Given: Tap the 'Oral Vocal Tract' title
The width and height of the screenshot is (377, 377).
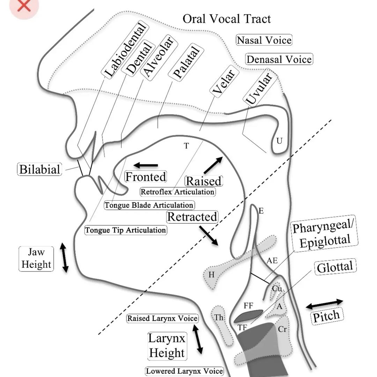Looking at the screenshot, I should pyautogui.click(x=227, y=19).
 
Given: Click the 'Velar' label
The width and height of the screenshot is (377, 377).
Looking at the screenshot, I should pyautogui.click(x=225, y=81).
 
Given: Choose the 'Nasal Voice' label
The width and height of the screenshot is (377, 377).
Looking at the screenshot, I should pyautogui.click(x=264, y=40).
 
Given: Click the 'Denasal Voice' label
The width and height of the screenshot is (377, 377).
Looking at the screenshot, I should pyautogui.click(x=279, y=59).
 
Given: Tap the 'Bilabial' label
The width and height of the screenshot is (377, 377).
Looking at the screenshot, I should pyautogui.click(x=40, y=169).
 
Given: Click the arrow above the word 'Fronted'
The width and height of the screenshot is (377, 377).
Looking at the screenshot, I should pyautogui.click(x=146, y=165).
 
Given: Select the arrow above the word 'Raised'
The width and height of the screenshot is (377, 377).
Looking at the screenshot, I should pyautogui.click(x=213, y=165).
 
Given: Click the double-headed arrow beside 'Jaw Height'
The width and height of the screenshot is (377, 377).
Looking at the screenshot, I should pyautogui.click(x=64, y=258).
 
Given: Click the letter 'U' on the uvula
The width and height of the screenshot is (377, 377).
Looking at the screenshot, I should pyautogui.click(x=279, y=141).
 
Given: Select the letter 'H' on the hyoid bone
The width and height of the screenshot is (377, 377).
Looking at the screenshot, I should pyautogui.click(x=211, y=275).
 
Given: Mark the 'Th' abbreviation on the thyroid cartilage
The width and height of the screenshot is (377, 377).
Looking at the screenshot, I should pyautogui.click(x=219, y=318).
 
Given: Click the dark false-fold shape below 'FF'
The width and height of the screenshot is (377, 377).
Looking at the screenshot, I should pyautogui.click(x=248, y=316).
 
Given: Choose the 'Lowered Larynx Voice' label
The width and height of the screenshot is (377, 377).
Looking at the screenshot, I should pyautogui.click(x=184, y=371).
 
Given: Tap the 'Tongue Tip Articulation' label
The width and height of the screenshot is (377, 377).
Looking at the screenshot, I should pyautogui.click(x=126, y=230).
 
